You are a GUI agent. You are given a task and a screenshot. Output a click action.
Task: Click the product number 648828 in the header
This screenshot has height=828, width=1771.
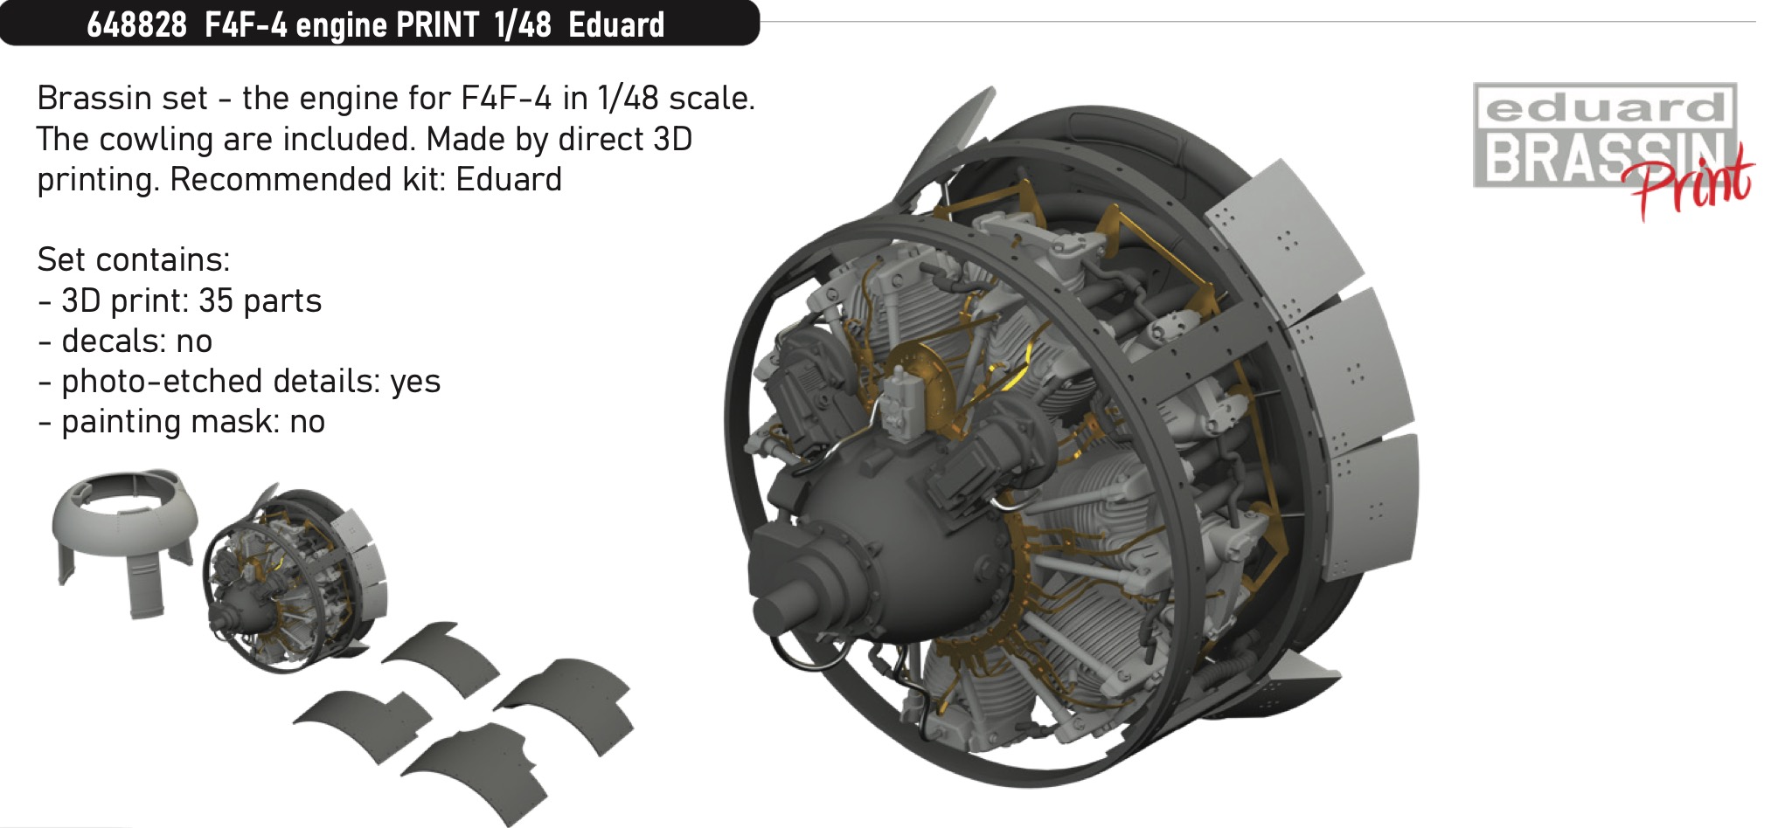[x=136, y=24]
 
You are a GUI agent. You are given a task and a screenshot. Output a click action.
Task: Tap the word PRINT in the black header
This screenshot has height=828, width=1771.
[x=437, y=24]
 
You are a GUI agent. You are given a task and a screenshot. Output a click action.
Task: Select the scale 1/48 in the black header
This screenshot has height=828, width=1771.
[x=523, y=24]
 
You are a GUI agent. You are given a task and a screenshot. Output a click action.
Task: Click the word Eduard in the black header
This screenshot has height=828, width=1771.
[x=616, y=24]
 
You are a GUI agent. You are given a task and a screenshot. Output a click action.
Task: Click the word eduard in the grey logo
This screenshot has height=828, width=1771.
[x=1604, y=107]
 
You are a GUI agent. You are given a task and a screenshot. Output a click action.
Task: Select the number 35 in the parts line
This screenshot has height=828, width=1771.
[x=216, y=300]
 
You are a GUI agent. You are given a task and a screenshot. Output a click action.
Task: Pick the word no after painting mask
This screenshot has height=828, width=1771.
[x=307, y=422]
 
